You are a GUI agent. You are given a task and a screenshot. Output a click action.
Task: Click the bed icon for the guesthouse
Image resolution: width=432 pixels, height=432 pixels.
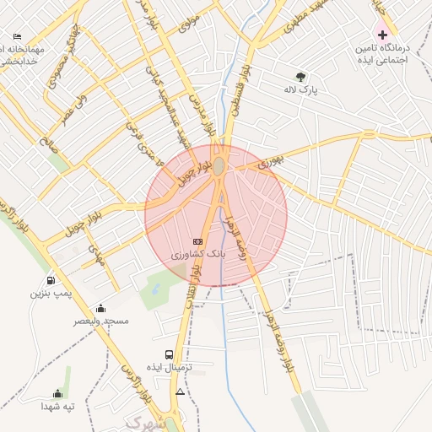click(18, 37)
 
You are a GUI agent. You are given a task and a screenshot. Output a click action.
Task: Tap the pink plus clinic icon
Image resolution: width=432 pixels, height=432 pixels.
click(382, 35)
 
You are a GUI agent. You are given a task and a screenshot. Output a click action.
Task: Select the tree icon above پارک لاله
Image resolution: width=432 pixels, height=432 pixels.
click(301, 76)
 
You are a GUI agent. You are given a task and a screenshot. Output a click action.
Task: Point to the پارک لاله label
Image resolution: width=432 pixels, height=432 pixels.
click(302, 89)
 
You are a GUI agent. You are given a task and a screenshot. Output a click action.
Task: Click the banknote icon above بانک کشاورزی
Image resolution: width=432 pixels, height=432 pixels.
click(197, 241)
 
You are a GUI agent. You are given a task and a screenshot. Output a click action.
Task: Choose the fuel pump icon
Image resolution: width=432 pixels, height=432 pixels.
click(51, 281)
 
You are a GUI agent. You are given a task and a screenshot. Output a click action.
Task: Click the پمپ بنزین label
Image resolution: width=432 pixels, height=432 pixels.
click(46, 294)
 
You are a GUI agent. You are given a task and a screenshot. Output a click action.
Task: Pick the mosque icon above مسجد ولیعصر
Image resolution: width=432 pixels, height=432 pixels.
click(101, 308)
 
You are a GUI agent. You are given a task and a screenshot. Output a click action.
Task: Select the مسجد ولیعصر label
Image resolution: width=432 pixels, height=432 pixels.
click(100, 321)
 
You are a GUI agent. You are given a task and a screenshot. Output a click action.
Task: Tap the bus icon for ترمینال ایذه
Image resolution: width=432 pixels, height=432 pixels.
click(170, 355)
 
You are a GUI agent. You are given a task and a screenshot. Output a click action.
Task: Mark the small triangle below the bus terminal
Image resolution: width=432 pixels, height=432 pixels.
click(179, 392)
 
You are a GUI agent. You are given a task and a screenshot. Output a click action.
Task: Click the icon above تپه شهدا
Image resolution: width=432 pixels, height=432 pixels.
click(57, 393)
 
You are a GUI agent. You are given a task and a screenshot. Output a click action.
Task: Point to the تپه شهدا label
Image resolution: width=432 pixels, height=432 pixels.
click(58, 406)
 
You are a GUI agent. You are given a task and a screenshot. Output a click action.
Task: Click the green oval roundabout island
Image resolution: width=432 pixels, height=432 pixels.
click(219, 166)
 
